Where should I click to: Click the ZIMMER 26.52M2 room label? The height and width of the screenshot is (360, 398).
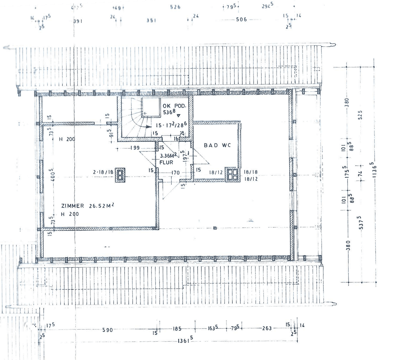point(87,206)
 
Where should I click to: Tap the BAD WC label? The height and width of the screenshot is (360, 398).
point(217,145)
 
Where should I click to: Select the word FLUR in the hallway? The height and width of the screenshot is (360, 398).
point(166,162)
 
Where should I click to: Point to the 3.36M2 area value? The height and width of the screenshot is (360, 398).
point(168,156)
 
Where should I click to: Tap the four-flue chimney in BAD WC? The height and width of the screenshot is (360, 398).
point(232,174)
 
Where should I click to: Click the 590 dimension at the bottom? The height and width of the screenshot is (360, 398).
point(107,330)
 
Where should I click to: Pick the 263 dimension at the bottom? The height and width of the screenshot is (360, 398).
point(267,328)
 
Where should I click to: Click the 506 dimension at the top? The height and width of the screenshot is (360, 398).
point(241,19)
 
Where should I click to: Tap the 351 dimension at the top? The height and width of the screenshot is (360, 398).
point(151,21)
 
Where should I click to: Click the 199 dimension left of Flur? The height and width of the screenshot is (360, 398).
point(135,148)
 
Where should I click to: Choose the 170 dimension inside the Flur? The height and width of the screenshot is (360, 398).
point(175,173)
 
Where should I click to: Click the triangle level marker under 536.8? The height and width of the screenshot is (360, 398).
point(178,116)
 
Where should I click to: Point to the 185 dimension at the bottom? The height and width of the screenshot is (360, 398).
point(177,329)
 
